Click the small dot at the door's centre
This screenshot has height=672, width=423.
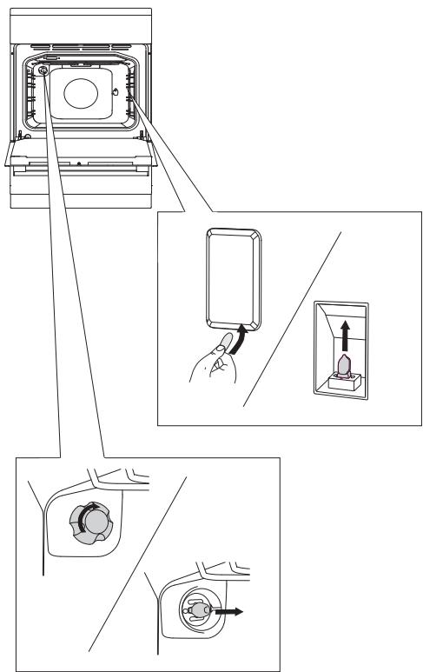(78, 163)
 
